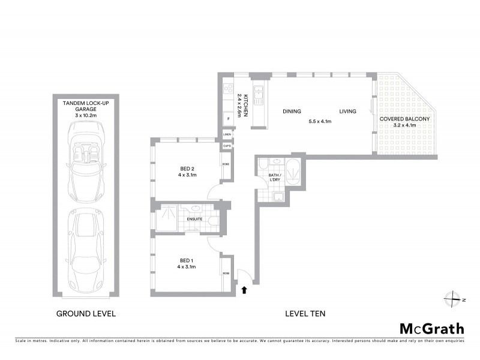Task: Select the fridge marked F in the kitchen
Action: [229, 119]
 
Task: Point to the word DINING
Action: [292, 111]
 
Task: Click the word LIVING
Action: [347, 111]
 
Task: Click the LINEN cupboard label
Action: [227, 135]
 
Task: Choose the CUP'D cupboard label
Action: [227, 146]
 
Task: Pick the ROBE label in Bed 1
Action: [226, 274]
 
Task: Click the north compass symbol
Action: [453, 298]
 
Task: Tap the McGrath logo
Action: [431, 328]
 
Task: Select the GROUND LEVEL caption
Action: [86, 313]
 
